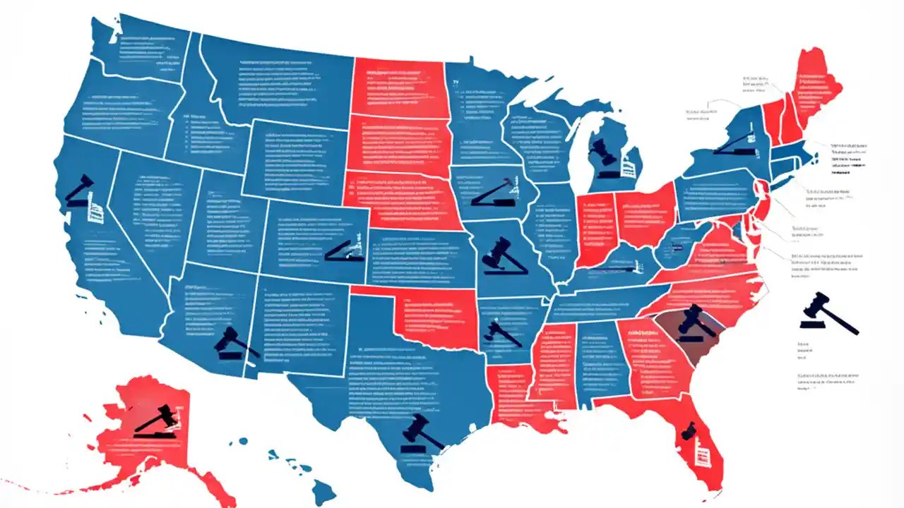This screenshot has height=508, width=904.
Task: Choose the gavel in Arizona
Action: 233,344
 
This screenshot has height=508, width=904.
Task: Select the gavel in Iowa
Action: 494,193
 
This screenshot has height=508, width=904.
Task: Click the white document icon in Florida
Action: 701,452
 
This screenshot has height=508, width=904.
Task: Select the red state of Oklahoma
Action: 431,317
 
